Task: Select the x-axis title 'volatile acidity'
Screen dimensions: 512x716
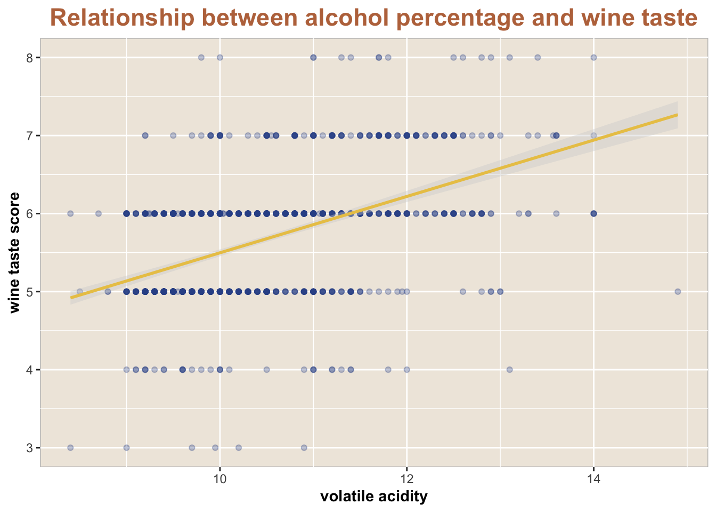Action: click(374, 497)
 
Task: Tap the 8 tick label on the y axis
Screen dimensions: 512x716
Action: click(30, 58)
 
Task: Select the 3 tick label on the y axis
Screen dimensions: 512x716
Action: click(30, 448)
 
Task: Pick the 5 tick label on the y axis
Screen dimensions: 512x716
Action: click(30, 292)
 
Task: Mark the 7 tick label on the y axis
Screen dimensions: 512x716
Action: click(30, 135)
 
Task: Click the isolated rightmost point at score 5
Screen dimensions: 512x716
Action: click(678, 292)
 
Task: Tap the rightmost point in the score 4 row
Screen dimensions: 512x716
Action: click(509, 370)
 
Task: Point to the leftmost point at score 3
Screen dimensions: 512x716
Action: click(70, 447)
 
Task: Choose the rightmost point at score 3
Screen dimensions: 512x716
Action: click(304, 447)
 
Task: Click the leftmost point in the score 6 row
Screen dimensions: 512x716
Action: click(70, 213)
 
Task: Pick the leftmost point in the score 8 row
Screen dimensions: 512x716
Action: click(201, 58)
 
